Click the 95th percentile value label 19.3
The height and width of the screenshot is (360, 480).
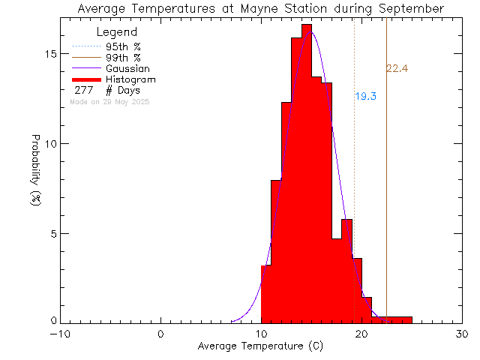tap(365, 97)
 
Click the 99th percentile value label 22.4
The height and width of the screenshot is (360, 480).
tap(397, 69)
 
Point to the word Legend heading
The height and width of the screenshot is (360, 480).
tap(118, 32)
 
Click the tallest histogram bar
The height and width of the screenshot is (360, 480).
tap(306, 172)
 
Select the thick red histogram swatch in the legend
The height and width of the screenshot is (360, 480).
tap(87, 79)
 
